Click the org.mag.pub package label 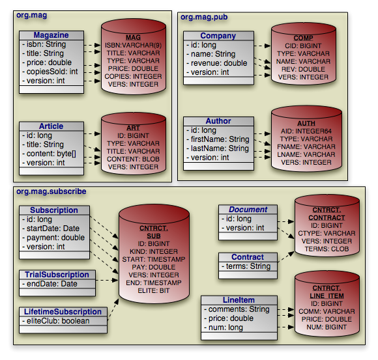click(204, 17)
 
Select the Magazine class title click(51, 35)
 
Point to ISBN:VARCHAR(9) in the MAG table click(133, 46)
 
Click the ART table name click(133, 128)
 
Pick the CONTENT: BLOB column click(133, 159)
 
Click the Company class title click(218, 36)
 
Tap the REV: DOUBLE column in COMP click(303, 70)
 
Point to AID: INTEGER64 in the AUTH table click(306, 131)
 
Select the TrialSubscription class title click(57, 275)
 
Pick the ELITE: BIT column click(154, 290)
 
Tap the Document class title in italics click(248, 210)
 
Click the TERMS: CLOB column click(327, 249)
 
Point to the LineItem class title click(239, 300)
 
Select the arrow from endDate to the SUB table click(106, 280)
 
